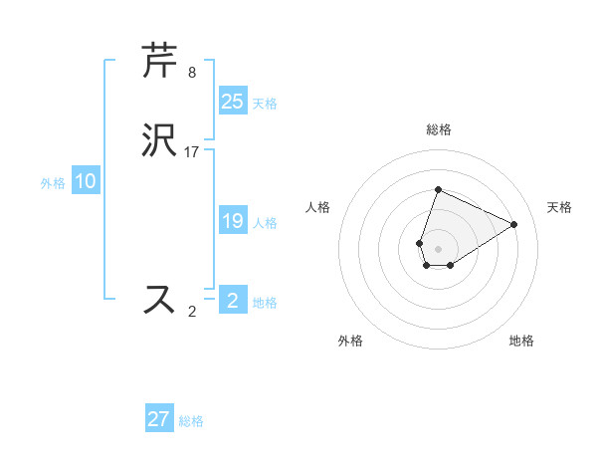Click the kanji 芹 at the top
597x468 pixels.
159,60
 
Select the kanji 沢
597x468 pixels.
159,140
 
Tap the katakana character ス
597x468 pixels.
159,300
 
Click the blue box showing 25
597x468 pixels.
232,101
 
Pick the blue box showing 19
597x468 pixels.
232,221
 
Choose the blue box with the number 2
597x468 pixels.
232,300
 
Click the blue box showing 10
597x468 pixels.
86,181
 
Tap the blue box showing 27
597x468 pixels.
159,419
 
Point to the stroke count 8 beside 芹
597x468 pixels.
192,73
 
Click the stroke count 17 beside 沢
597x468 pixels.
192,152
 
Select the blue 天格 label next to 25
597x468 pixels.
265,103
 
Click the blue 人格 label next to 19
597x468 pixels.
265,223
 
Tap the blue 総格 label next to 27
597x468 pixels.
192,421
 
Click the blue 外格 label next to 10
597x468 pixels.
53,183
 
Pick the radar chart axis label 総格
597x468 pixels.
439,129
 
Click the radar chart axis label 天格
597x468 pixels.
560,207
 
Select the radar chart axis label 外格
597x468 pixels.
350,341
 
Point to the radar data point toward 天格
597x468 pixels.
514,224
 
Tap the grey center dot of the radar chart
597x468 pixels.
439,248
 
